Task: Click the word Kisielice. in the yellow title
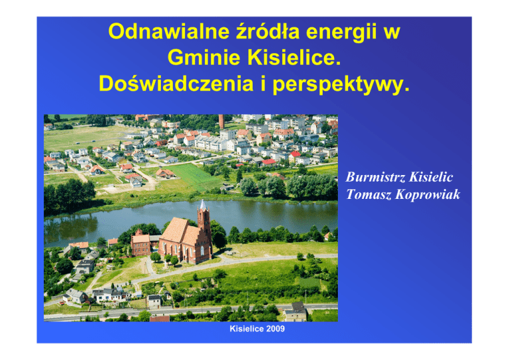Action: click(x=294, y=58)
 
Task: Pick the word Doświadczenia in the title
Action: click(x=176, y=84)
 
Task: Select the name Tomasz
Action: click(x=368, y=194)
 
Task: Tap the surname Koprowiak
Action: click(x=428, y=194)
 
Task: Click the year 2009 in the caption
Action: click(x=276, y=329)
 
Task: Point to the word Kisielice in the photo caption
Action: click(x=247, y=329)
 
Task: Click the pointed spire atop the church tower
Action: click(x=203, y=204)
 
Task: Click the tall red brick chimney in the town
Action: click(x=221, y=121)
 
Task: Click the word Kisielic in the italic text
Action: click(x=431, y=177)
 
